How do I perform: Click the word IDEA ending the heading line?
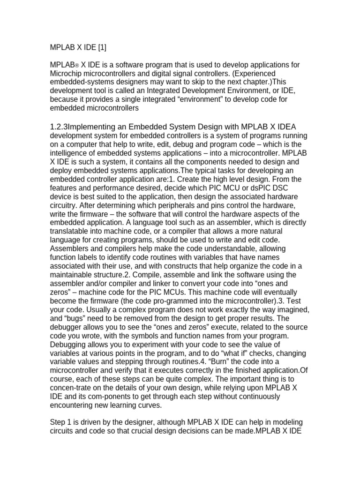[x=286, y=127]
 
